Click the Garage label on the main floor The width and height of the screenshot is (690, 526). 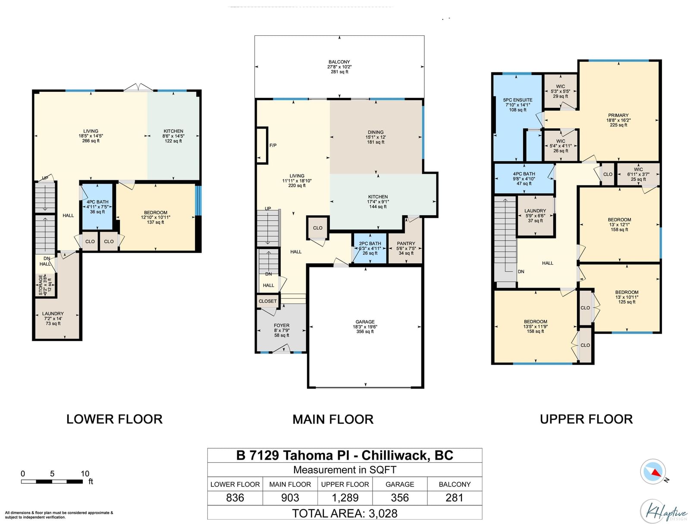pos(365,322)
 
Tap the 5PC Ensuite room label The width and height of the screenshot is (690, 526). pos(517,100)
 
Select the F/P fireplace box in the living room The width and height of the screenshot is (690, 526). pos(262,145)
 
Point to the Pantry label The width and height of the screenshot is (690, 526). pos(406,243)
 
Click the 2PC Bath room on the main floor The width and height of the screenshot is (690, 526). pos(370,248)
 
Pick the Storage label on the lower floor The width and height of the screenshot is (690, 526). pos(41,285)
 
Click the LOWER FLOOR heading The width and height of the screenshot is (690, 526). pos(114,419)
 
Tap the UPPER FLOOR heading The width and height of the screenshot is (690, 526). pos(586,419)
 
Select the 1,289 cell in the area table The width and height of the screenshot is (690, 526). pos(345,498)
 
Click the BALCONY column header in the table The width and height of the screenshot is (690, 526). pos(455,484)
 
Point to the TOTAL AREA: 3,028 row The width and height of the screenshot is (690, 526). pos(345,513)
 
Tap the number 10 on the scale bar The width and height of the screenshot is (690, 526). pos(85,473)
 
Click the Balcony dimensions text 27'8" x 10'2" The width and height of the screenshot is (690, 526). pos(339,67)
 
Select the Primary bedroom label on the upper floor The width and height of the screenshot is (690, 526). pos(618,115)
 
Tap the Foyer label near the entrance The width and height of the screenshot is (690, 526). pos(281,325)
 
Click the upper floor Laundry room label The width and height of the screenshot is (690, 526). pos(535,210)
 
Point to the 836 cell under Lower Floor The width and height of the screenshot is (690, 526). pos(235,498)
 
